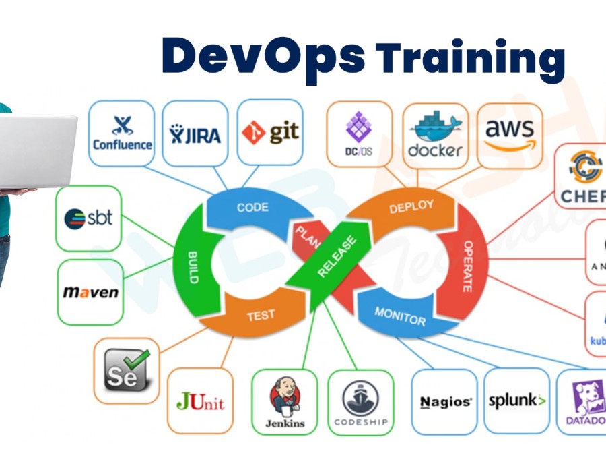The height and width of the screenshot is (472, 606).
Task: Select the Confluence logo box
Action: (x=122, y=134)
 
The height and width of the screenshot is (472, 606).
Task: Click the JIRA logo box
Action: (x=196, y=134)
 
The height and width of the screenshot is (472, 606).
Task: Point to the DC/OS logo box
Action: (x=359, y=133)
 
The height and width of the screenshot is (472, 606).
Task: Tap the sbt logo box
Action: (x=89, y=218)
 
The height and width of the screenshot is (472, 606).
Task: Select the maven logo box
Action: (x=91, y=292)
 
